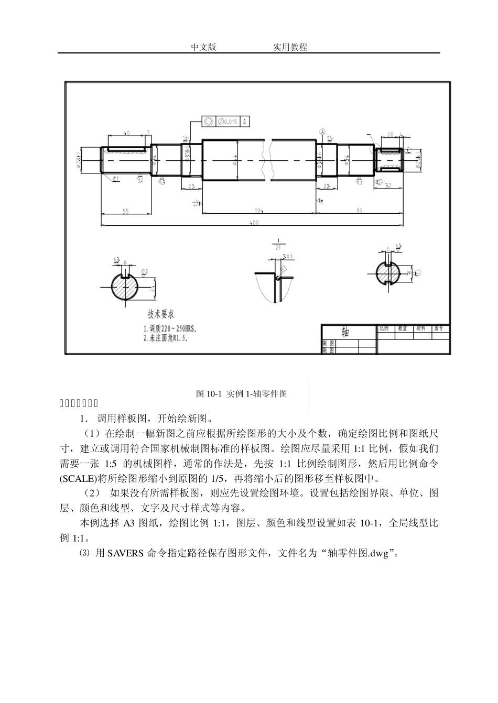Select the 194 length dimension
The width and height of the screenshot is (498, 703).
coord(259,211)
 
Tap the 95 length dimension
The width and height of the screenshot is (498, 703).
coord(360,211)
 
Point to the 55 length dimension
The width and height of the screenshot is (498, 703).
coord(126,211)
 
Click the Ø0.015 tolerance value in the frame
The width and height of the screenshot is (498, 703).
coord(227,122)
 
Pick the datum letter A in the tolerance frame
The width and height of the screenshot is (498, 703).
coord(244,122)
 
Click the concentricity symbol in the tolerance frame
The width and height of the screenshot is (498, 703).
coord(208,122)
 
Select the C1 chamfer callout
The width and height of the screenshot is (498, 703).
coord(116,179)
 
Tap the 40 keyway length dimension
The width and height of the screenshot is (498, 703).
coord(126,133)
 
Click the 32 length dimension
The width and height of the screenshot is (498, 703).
coord(388,185)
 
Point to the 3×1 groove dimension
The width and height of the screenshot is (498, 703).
coord(288,256)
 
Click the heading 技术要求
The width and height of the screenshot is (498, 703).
coord(160,315)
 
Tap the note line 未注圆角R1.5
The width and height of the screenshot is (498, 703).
coord(165,338)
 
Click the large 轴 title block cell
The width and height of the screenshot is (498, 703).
coord(345,332)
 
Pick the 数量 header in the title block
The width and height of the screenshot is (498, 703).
coord(403,328)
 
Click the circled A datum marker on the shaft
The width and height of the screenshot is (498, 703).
coord(323,132)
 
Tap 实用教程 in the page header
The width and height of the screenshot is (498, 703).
coord(290,47)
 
